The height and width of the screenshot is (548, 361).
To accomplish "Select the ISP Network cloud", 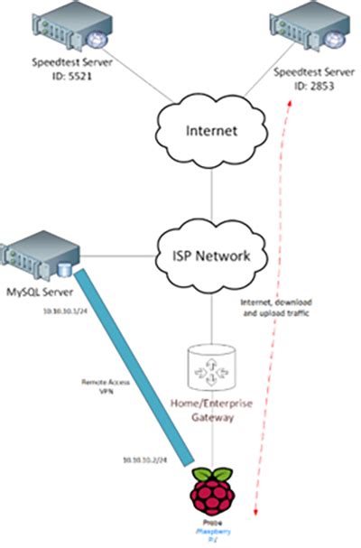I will [211, 255].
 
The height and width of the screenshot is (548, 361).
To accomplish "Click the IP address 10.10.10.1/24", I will [65, 311].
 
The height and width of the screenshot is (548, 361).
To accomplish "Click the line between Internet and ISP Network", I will [211, 192].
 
